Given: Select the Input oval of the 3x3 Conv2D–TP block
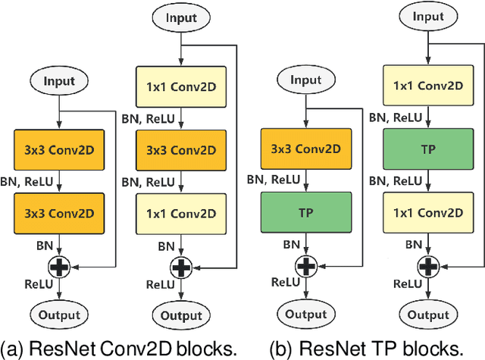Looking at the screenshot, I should [306, 80].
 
